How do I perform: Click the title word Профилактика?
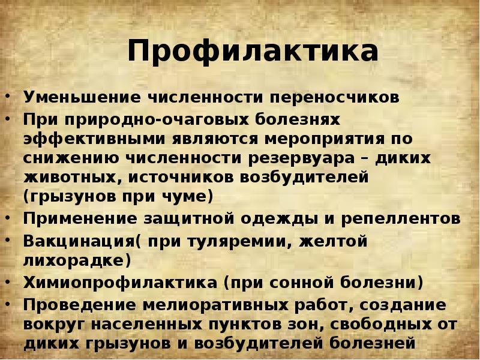[x=253, y=52]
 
